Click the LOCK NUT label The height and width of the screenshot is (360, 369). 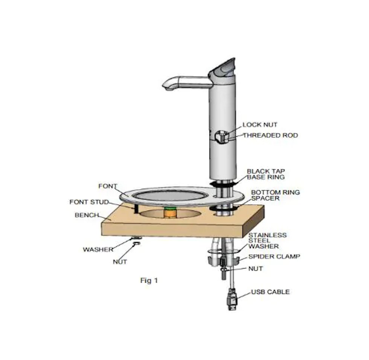[x=260, y=125]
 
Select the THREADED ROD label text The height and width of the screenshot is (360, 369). [x=270, y=135]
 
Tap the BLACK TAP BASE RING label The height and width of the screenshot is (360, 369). [x=266, y=174]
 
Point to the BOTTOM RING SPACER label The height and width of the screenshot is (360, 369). [x=276, y=195]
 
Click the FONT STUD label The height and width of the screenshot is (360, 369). [x=89, y=202]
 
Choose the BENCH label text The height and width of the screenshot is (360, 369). [x=87, y=215]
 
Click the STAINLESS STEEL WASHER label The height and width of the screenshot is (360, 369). [x=268, y=241]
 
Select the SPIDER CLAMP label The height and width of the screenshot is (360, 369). [x=274, y=256]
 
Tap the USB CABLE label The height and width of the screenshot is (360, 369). [x=271, y=292]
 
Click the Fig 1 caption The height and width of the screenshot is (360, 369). [x=149, y=281]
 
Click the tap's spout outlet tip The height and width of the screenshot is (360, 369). [x=169, y=88]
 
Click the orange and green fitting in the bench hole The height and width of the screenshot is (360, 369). [x=170, y=212]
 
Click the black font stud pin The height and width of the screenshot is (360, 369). [x=136, y=209]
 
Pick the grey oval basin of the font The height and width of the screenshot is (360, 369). [x=170, y=195]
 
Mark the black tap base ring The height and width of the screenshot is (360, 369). [x=223, y=183]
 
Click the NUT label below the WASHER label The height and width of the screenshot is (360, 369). [x=120, y=262]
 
